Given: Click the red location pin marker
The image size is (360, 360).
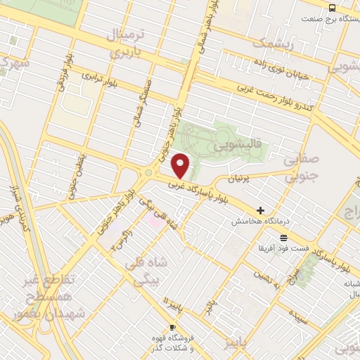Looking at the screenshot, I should (181, 165).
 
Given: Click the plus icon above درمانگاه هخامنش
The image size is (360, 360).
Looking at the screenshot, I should (261, 210).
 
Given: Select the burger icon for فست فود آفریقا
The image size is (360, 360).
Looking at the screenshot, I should (283, 238).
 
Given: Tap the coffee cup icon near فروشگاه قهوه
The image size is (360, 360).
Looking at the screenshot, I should (172, 328).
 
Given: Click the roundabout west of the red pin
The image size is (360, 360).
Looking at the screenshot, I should (149, 174).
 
